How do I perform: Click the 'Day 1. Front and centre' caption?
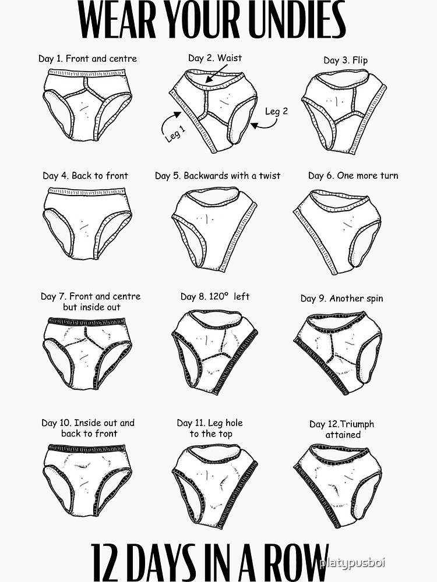coord(87,58)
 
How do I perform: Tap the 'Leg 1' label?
coord(175,133)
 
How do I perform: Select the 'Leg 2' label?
coord(276,111)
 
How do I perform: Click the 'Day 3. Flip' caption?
coord(346,61)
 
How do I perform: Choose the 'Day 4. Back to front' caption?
coord(85,176)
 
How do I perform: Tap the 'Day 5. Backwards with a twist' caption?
coord(217,176)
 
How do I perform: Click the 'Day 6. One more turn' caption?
coord(353,176)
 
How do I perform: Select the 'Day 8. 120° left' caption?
coord(214,297)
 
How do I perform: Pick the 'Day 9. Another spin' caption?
coord(341,299)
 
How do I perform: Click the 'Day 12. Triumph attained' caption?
coord(342,430)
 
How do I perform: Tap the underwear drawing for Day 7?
coord(87,352)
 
